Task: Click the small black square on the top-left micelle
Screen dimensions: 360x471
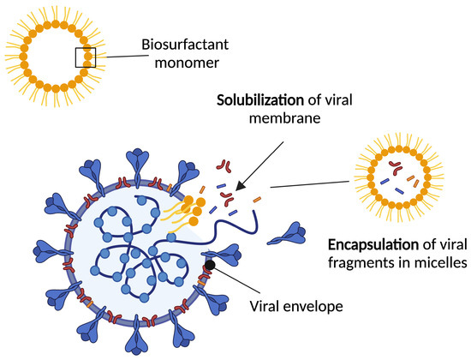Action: coord(85,57)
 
